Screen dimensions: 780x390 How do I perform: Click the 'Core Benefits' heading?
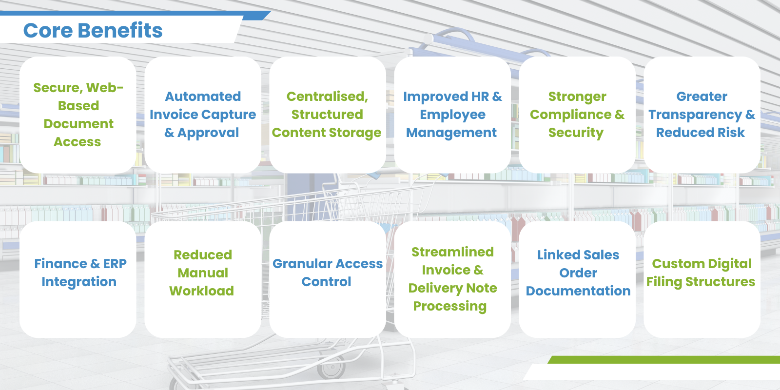(93, 30)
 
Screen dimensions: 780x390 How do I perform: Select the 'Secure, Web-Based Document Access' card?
(78, 115)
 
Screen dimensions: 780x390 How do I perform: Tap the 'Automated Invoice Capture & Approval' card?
(203, 115)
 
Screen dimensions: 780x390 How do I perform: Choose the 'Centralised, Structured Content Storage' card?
(327, 115)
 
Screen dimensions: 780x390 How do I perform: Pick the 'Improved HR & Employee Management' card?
(452, 115)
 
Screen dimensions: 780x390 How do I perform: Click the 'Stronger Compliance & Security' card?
(577, 115)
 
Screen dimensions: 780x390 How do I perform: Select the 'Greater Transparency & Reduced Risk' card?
(702, 115)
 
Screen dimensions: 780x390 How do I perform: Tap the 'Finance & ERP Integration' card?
(78, 279)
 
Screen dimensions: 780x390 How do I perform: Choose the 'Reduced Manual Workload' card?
(203, 279)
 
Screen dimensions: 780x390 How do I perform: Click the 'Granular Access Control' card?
(327, 279)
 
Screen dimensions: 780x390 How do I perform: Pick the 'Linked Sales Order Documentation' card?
(577, 279)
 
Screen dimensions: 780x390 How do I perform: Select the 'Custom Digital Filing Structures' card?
(702, 279)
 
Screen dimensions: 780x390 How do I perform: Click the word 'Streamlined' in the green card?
(452, 252)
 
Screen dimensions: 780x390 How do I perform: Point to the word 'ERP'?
(115, 264)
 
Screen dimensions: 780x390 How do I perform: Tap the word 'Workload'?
(202, 291)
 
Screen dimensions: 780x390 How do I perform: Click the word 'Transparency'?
(695, 115)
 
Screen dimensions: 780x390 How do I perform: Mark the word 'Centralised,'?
(327, 97)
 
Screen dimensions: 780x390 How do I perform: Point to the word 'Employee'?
(452, 115)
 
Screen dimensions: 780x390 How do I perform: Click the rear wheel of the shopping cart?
(331, 366)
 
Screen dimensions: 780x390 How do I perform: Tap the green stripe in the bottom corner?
(663, 360)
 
